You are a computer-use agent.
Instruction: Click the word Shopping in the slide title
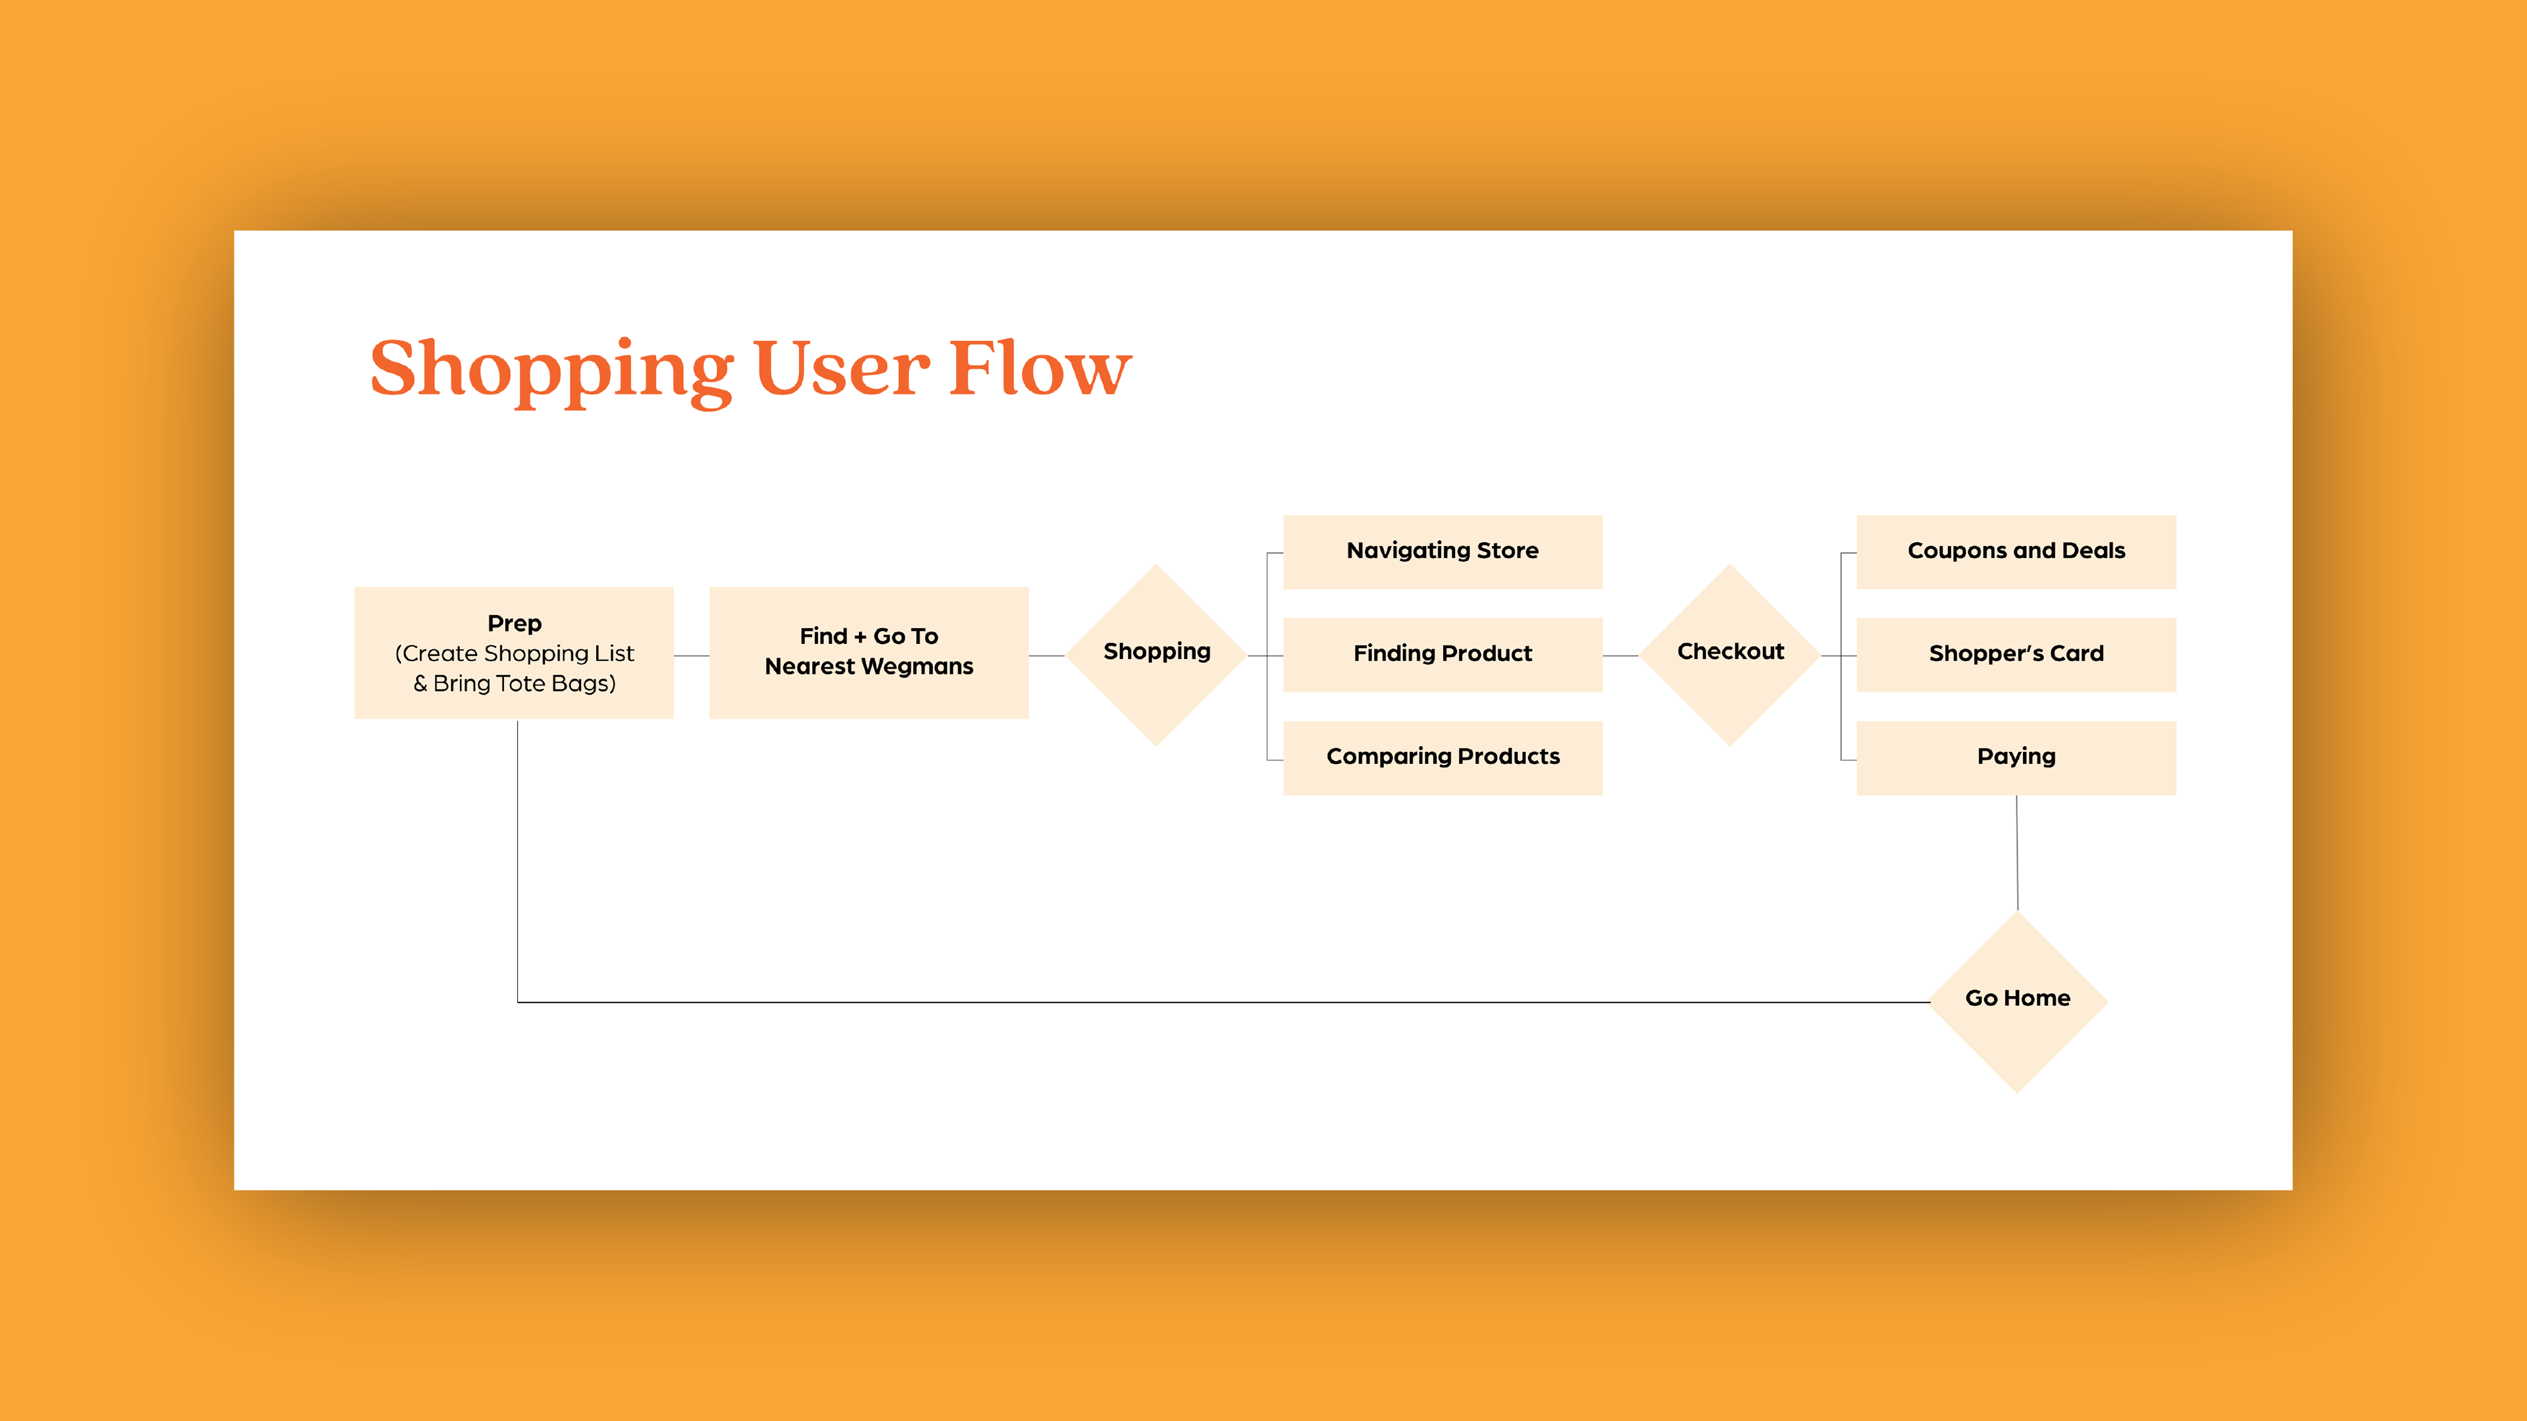[x=552, y=370]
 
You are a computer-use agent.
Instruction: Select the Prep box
[x=514, y=653]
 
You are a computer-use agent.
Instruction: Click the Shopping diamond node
[x=1157, y=654]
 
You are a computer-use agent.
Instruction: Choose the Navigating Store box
[x=1442, y=552]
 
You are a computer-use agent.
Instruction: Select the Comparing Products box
[x=1442, y=758]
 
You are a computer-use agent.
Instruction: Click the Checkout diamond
[x=1731, y=654]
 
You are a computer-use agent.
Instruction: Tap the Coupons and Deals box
[x=2016, y=552]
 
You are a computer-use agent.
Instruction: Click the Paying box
[x=2016, y=758]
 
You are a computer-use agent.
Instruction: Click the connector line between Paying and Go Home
[x=2017, y=853]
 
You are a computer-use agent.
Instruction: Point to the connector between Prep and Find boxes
[x=692, y=655]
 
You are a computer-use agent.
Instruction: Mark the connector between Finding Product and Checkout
[x=1621, y=655]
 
